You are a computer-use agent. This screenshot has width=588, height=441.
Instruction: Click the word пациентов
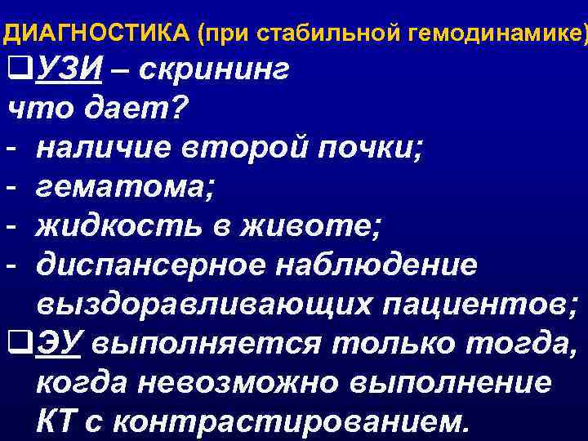point(474,305)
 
